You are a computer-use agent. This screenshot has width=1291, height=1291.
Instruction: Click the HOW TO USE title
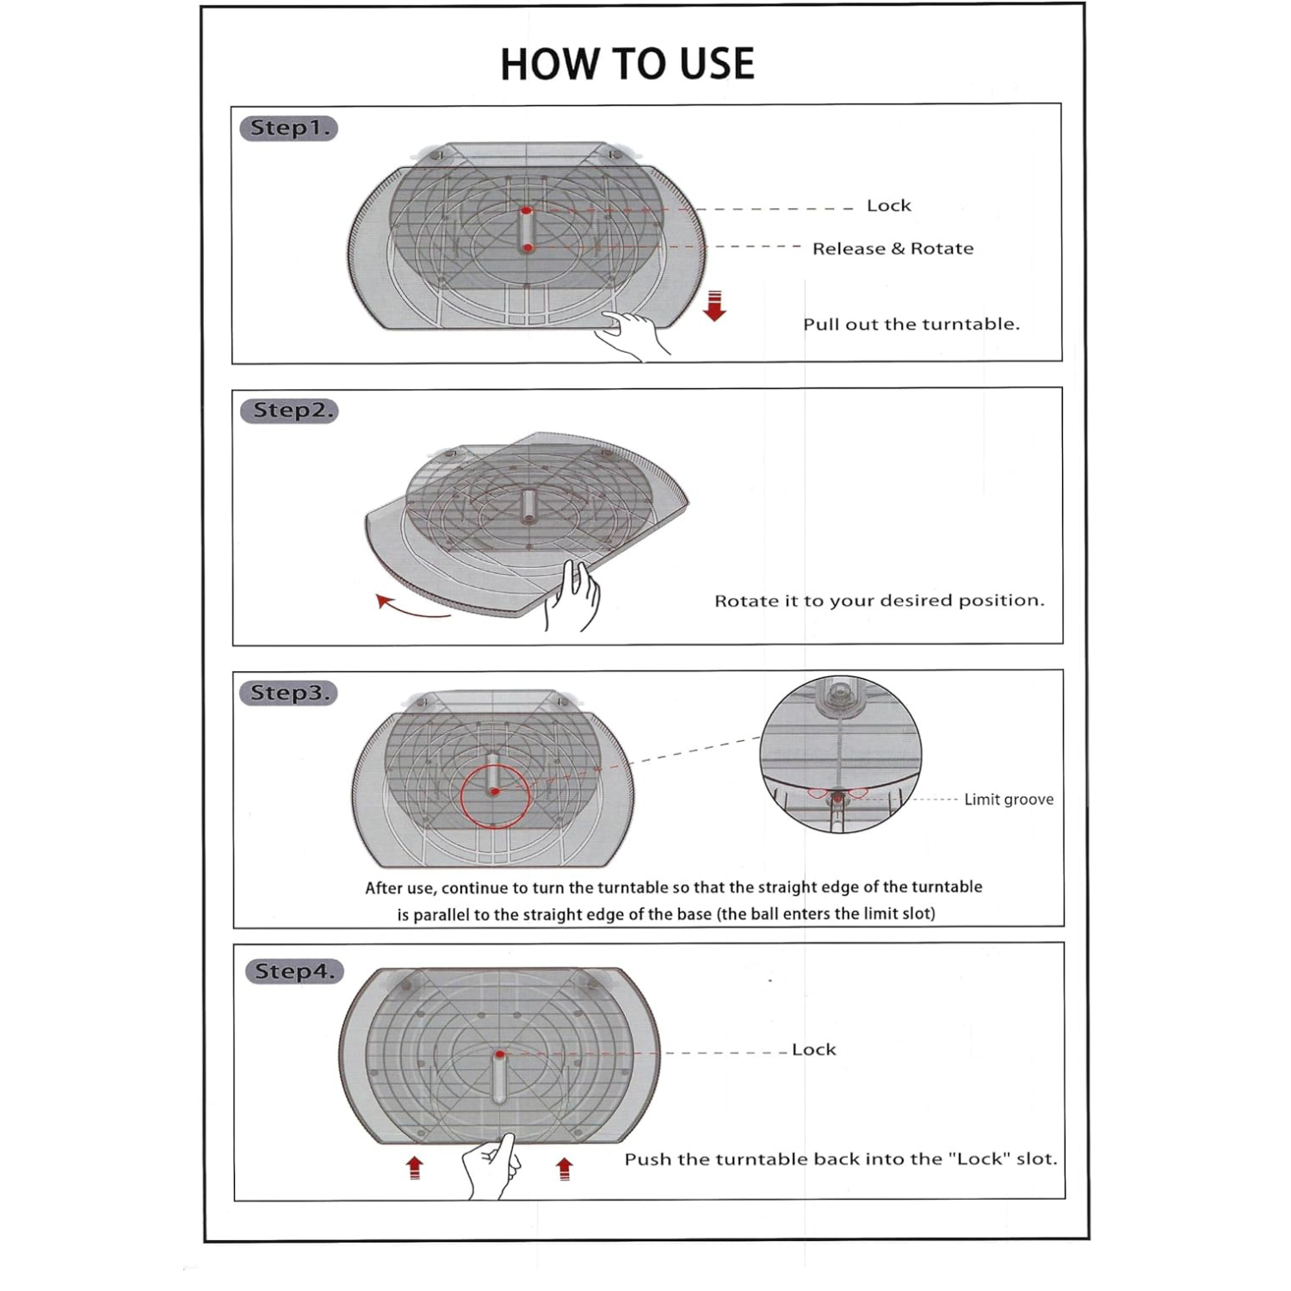tap(627, 65)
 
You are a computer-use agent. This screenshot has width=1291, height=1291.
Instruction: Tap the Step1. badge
tap(288, 128)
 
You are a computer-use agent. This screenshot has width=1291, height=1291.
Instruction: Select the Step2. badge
tap(289, 411)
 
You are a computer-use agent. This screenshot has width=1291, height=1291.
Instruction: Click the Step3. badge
tap(289, 693)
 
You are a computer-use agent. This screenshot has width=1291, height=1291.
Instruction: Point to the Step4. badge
tap(294, 972)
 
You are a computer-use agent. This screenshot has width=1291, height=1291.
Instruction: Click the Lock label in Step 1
tap(888, 206)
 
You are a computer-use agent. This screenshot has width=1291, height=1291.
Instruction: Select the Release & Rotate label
tap(893, 249)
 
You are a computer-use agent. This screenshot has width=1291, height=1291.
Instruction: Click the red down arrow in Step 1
tap(714, 306)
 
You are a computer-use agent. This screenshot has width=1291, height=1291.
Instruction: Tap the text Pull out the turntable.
tap(911, 324)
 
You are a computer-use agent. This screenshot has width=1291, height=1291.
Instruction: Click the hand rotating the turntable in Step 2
tap(573, 596)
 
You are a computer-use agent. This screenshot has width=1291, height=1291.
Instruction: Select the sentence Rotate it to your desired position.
tap(879, 601)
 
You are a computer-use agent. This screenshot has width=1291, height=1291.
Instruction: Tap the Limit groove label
tap(1008, 800)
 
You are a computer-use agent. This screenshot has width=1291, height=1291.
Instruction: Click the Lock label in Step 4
tap(813, 1050)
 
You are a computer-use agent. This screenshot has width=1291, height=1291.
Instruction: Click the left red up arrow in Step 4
tap(415, 1168)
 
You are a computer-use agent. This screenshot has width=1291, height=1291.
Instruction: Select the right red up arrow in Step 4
tap(565, 1168)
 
